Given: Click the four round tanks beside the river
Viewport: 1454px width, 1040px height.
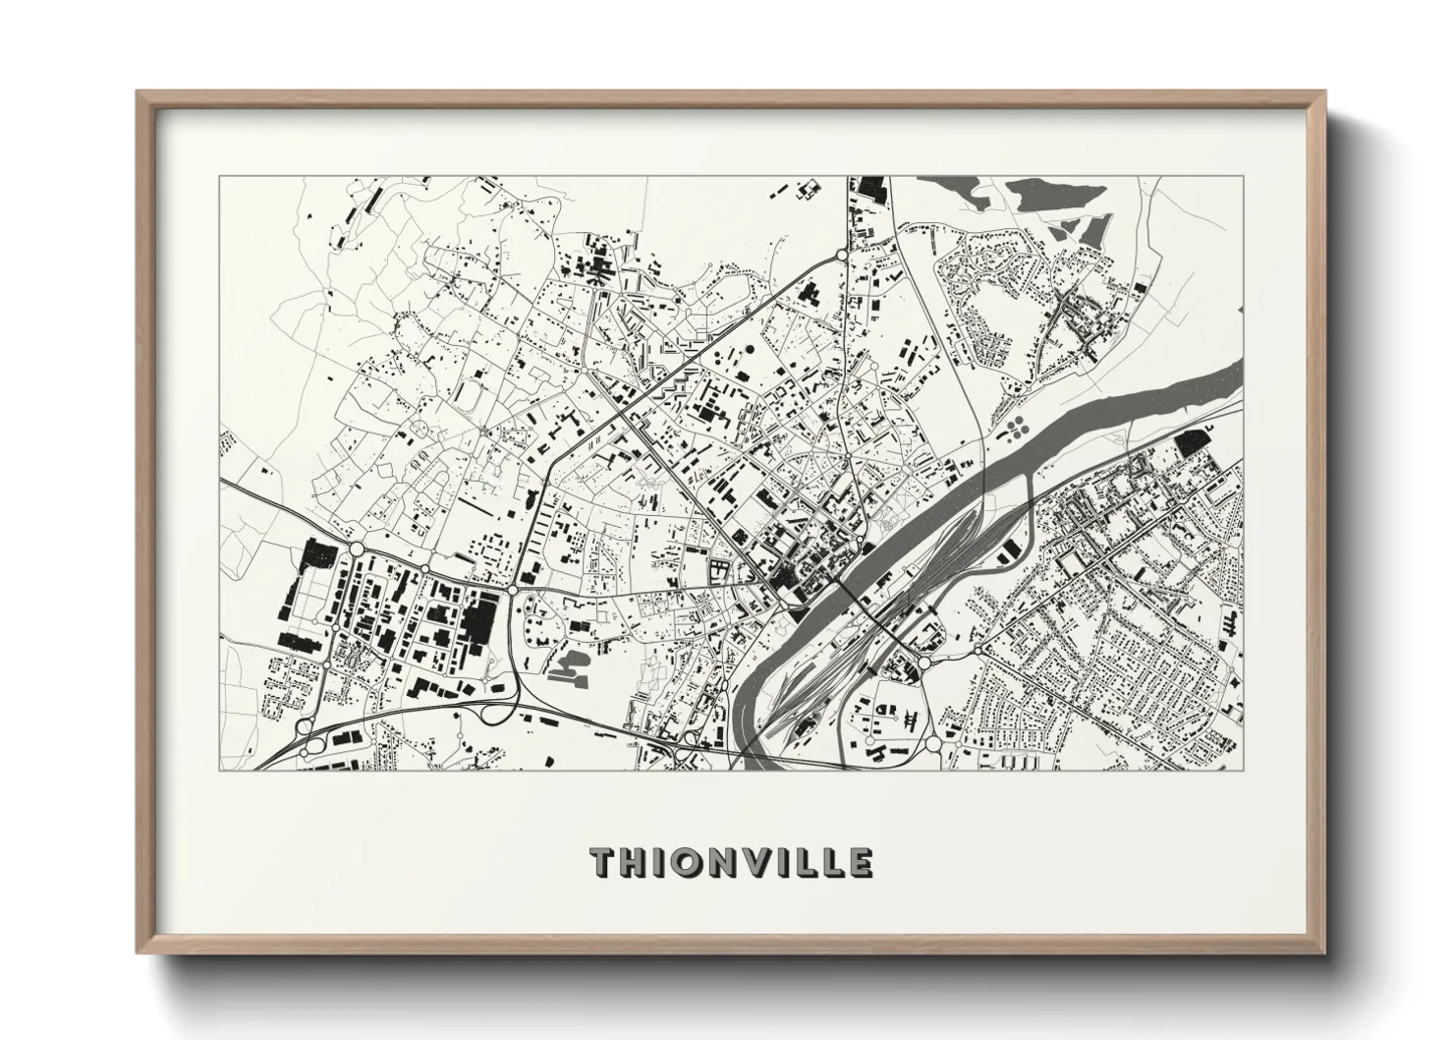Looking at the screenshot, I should point(1013,428).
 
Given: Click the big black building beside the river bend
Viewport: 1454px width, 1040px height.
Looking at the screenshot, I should point(1192,443).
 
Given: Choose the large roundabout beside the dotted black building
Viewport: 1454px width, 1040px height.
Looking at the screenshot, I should point(357,549).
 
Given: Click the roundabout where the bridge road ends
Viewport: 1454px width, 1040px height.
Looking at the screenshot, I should point(923,663).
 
